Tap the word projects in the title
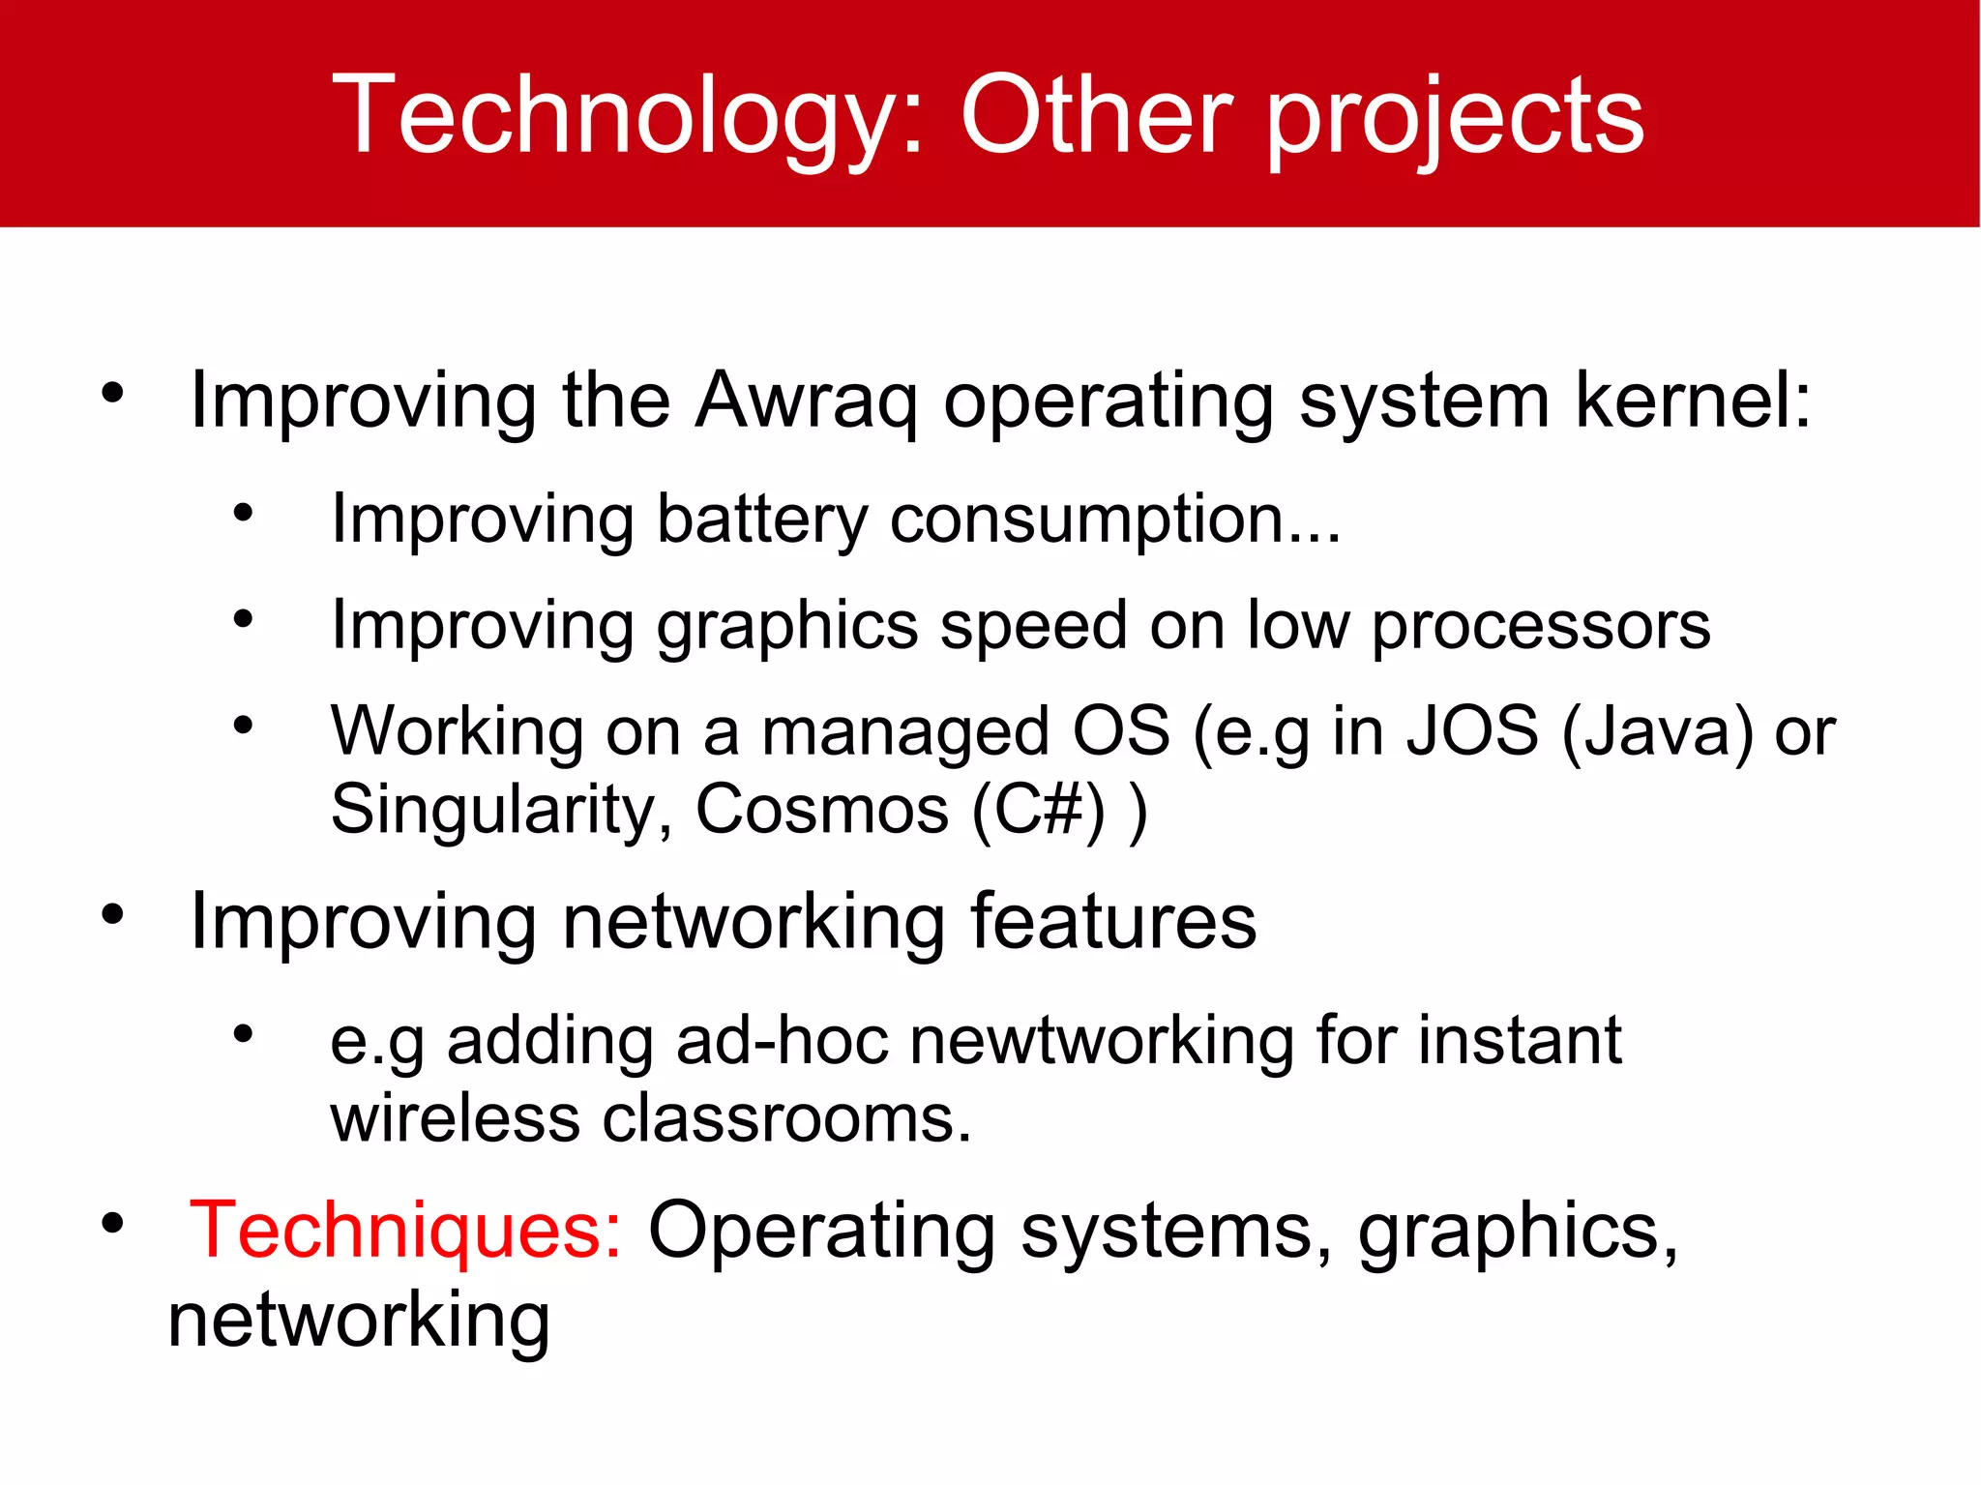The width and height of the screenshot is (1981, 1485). tap(1455, 118)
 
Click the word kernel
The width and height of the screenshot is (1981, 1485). tap(1693, 401)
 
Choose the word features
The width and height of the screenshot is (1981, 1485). tap(1113, 921)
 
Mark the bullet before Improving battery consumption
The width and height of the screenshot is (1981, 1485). tap(243, 513)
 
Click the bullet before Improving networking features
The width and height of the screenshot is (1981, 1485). tap(113, 914)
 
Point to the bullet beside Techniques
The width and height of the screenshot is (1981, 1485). tap(113, 1224)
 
